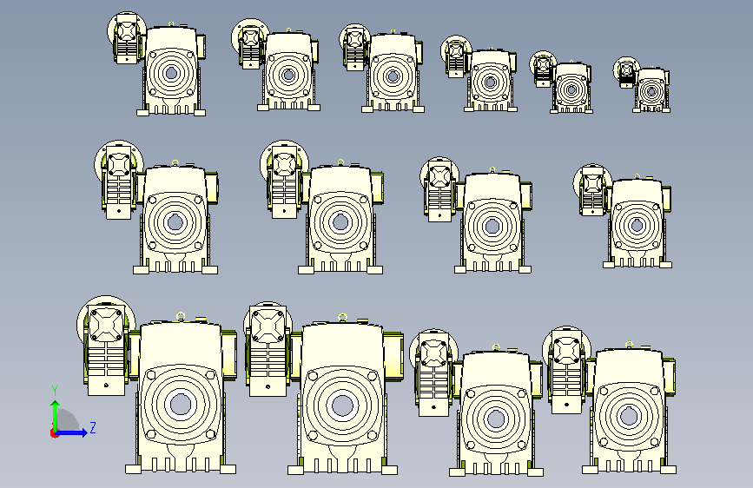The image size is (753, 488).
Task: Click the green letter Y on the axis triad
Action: click(55, 391)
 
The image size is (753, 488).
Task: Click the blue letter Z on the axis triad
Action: click(93, 427)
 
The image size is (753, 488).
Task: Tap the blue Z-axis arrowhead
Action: click(83, 432)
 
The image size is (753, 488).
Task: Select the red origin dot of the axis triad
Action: click(54, 433)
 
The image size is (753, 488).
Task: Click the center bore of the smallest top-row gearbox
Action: click(651, 92)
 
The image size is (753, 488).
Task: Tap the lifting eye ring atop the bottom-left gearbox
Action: click(181, 315)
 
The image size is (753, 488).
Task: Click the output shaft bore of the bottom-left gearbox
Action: click(181, 405)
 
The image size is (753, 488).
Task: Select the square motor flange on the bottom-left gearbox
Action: click(106, 325)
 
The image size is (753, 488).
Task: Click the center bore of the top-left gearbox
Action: click(170, 74)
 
